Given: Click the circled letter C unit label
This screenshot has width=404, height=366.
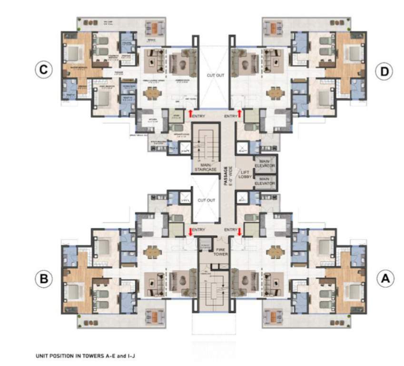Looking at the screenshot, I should [x=43, y=70].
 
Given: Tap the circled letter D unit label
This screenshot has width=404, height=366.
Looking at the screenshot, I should [x=383, y=71].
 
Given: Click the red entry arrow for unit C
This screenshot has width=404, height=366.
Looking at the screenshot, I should [x=190, y=113].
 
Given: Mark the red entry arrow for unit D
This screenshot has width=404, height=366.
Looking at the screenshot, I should [x=239, y=114].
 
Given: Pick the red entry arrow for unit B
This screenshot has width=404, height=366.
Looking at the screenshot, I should [x=190, y=232].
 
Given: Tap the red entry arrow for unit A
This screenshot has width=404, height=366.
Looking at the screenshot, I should [x=239, y=232].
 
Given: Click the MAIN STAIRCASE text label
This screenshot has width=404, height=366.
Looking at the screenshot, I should [x=204, y=166].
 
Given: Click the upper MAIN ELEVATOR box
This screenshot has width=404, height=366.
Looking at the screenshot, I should [x=265, y=164].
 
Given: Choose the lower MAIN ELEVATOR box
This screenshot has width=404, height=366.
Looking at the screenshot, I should [x=265, y=181].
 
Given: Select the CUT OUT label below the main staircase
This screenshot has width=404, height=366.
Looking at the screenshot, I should [x=207, y=201].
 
